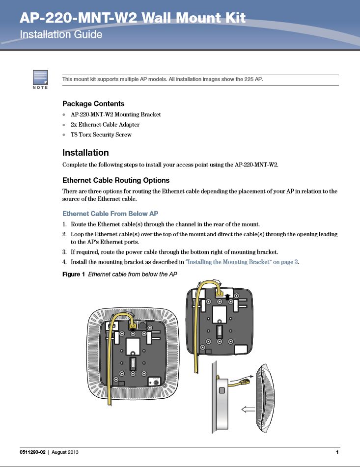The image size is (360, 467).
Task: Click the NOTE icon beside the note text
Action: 40,79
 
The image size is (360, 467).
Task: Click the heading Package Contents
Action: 93,104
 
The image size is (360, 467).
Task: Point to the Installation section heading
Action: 85,153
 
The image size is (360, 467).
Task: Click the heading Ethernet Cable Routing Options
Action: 116,180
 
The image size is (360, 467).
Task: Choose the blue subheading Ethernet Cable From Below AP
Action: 110,214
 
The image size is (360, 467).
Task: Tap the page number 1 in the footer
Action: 337,452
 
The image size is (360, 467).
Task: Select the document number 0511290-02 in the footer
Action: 35,452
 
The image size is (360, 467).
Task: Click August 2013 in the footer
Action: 65,452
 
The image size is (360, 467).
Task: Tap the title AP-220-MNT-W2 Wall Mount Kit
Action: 133,19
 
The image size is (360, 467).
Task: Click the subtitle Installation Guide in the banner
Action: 61,35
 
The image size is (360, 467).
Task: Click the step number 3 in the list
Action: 65,252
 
